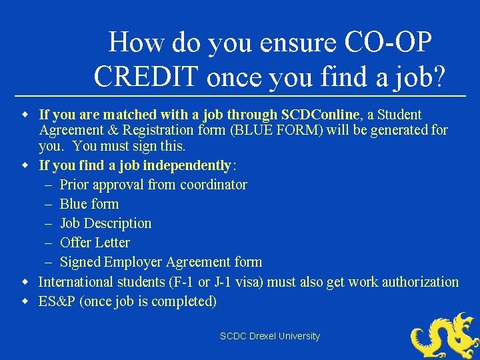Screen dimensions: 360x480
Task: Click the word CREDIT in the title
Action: click(x=147, y=76)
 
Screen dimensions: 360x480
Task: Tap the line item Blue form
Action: click(x=89, y=204)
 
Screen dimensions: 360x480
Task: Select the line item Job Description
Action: click(x=105, y=223)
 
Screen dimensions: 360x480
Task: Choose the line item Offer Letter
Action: click(x=95, y=243)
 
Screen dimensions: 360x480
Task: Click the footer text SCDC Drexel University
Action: click(x=270, y=337)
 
